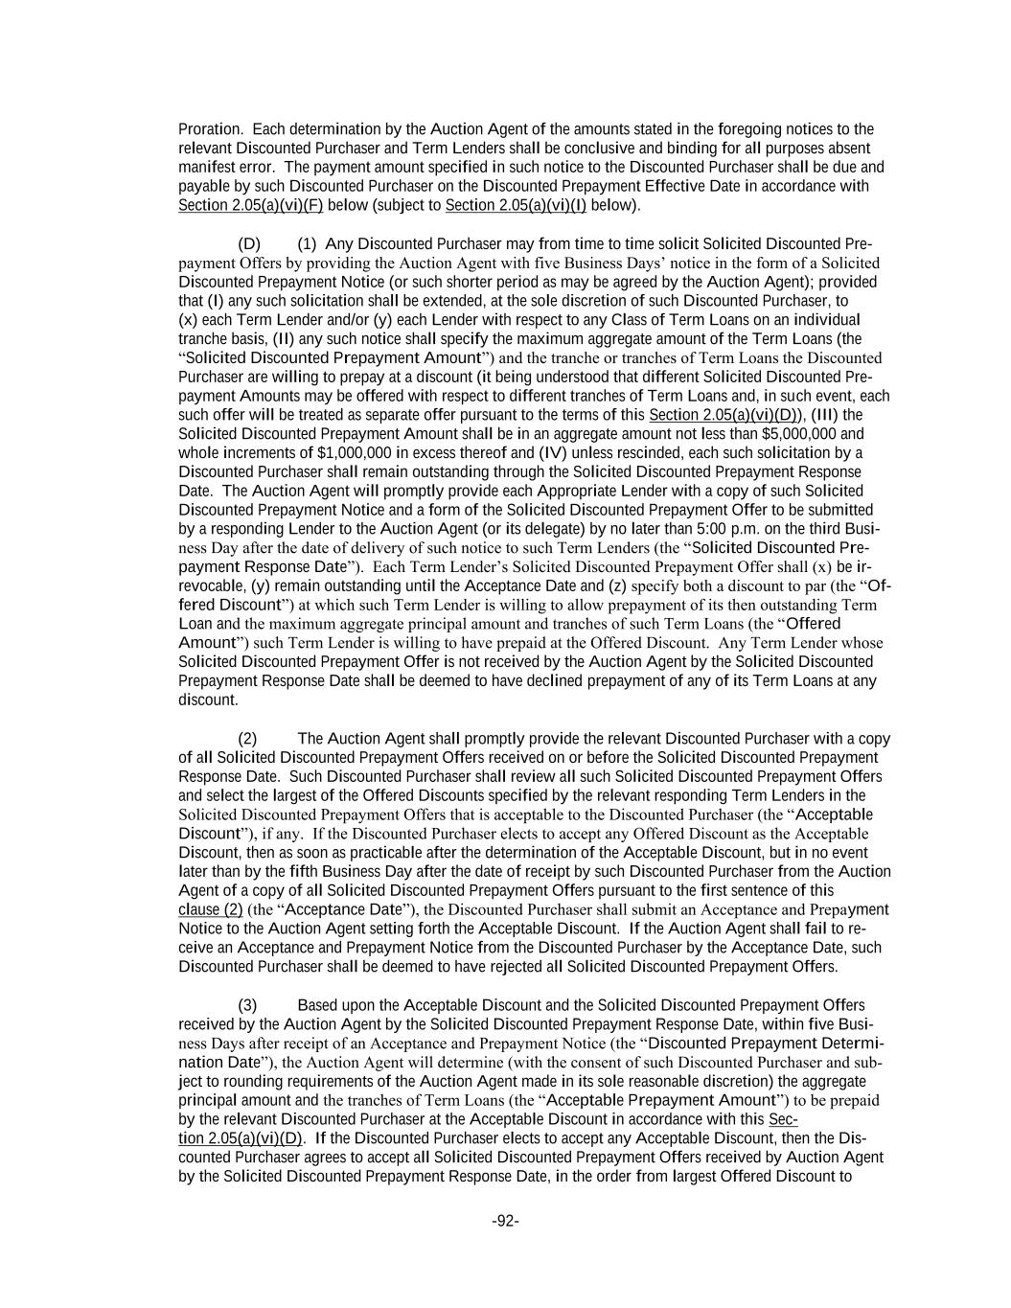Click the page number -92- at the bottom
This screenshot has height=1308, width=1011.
coord(505,1221)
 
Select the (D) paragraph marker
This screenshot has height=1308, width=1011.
coord(249,244)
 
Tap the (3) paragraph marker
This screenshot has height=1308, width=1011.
coord(248,1005)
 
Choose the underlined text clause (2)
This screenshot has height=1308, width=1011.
coord(210,909)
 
